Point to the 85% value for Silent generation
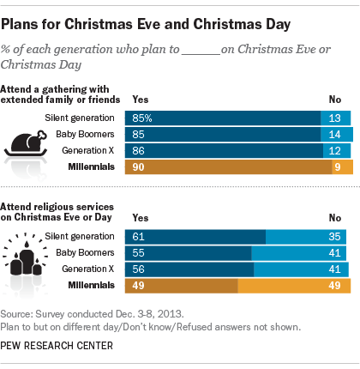(x=140, y=118)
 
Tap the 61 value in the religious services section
(x=136, y=236)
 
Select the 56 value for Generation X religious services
(x=136, y=269)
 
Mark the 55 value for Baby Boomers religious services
(x=136, y=253)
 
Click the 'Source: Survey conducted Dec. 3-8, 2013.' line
(x=88, y=314)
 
